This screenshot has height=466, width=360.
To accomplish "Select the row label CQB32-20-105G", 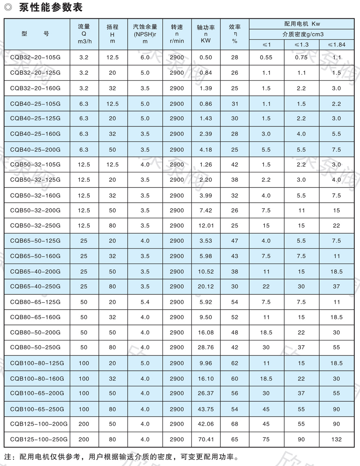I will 35,57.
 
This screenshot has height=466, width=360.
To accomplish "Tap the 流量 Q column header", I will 84,34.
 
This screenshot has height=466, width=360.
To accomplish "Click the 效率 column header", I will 235,34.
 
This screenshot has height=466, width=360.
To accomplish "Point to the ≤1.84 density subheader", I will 336,44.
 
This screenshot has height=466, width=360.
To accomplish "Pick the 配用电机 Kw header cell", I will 302,24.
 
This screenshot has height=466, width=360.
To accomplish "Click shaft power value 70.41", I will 206,439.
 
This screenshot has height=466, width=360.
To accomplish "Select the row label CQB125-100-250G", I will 39,439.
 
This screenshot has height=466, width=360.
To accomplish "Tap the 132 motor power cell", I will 336,439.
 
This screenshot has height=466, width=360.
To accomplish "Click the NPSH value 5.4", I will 145,302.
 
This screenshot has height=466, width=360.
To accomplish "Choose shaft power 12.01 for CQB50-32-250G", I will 206,225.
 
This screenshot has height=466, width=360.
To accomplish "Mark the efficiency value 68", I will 235,424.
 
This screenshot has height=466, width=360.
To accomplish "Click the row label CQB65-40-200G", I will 35,271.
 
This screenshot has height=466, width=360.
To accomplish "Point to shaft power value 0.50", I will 206,57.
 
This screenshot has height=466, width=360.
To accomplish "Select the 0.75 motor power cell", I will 301,57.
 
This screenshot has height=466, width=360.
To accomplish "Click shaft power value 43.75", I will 206,409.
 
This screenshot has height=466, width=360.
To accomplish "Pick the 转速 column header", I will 177,34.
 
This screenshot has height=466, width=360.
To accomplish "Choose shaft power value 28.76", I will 206,347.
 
